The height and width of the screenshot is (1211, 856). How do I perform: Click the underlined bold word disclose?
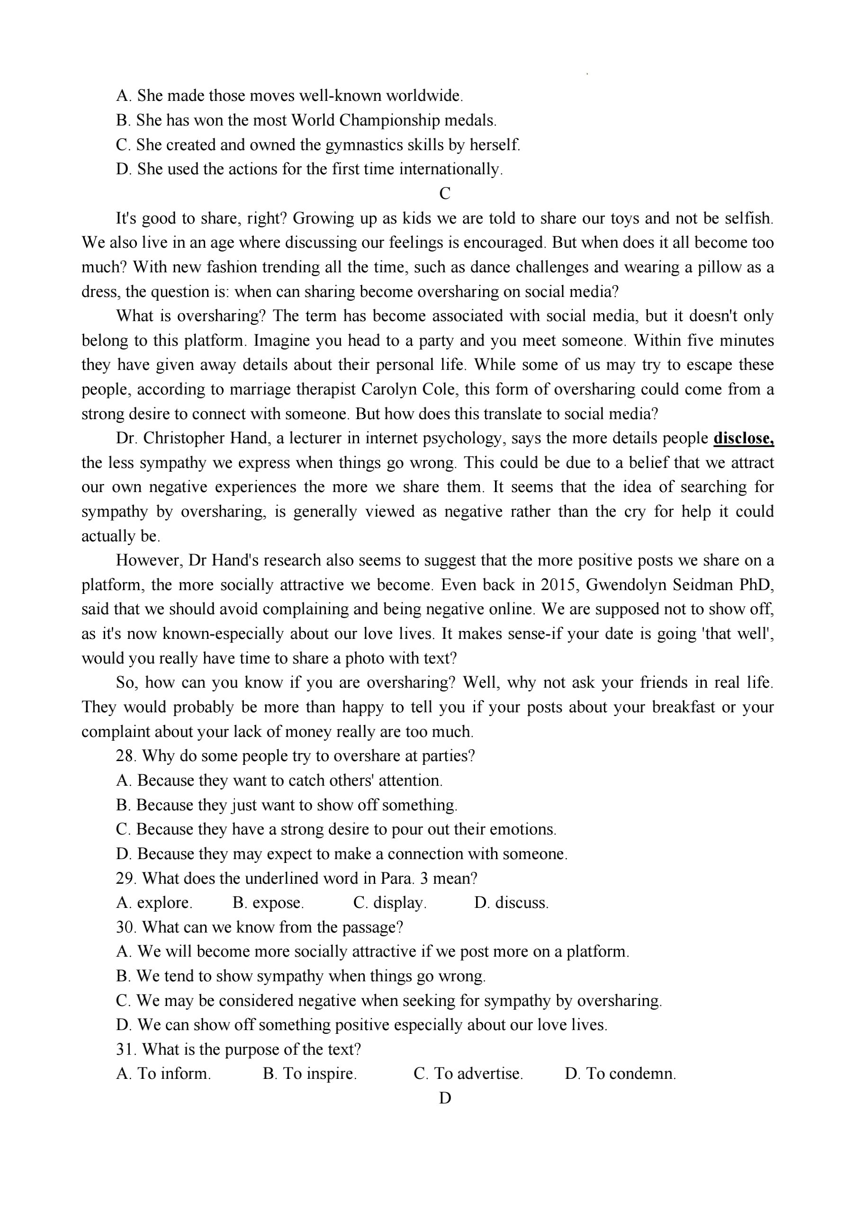[743, 438]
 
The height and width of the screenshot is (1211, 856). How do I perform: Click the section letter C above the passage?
[445, 194]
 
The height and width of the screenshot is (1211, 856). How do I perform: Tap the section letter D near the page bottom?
[445, 1098]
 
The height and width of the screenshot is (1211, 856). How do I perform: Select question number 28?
[126, 756]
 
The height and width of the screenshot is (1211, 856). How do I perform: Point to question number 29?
[126, 878]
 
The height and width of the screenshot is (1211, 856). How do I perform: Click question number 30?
[126, 927]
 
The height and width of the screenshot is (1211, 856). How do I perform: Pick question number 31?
[126, 1049]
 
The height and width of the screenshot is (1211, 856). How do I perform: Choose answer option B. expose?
[268, 902]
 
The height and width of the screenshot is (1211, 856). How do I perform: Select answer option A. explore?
[154, 902]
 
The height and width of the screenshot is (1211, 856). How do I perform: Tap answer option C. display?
[390, 902]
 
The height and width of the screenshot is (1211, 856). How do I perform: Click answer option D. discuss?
[511, 902]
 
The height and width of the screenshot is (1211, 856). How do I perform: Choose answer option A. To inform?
[163, 1073]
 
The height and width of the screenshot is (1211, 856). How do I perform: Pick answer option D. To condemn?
[620, 1073]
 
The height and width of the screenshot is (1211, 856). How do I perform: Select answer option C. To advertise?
[469, 1073]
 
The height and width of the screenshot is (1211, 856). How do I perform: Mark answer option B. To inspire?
[310, 1073]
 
